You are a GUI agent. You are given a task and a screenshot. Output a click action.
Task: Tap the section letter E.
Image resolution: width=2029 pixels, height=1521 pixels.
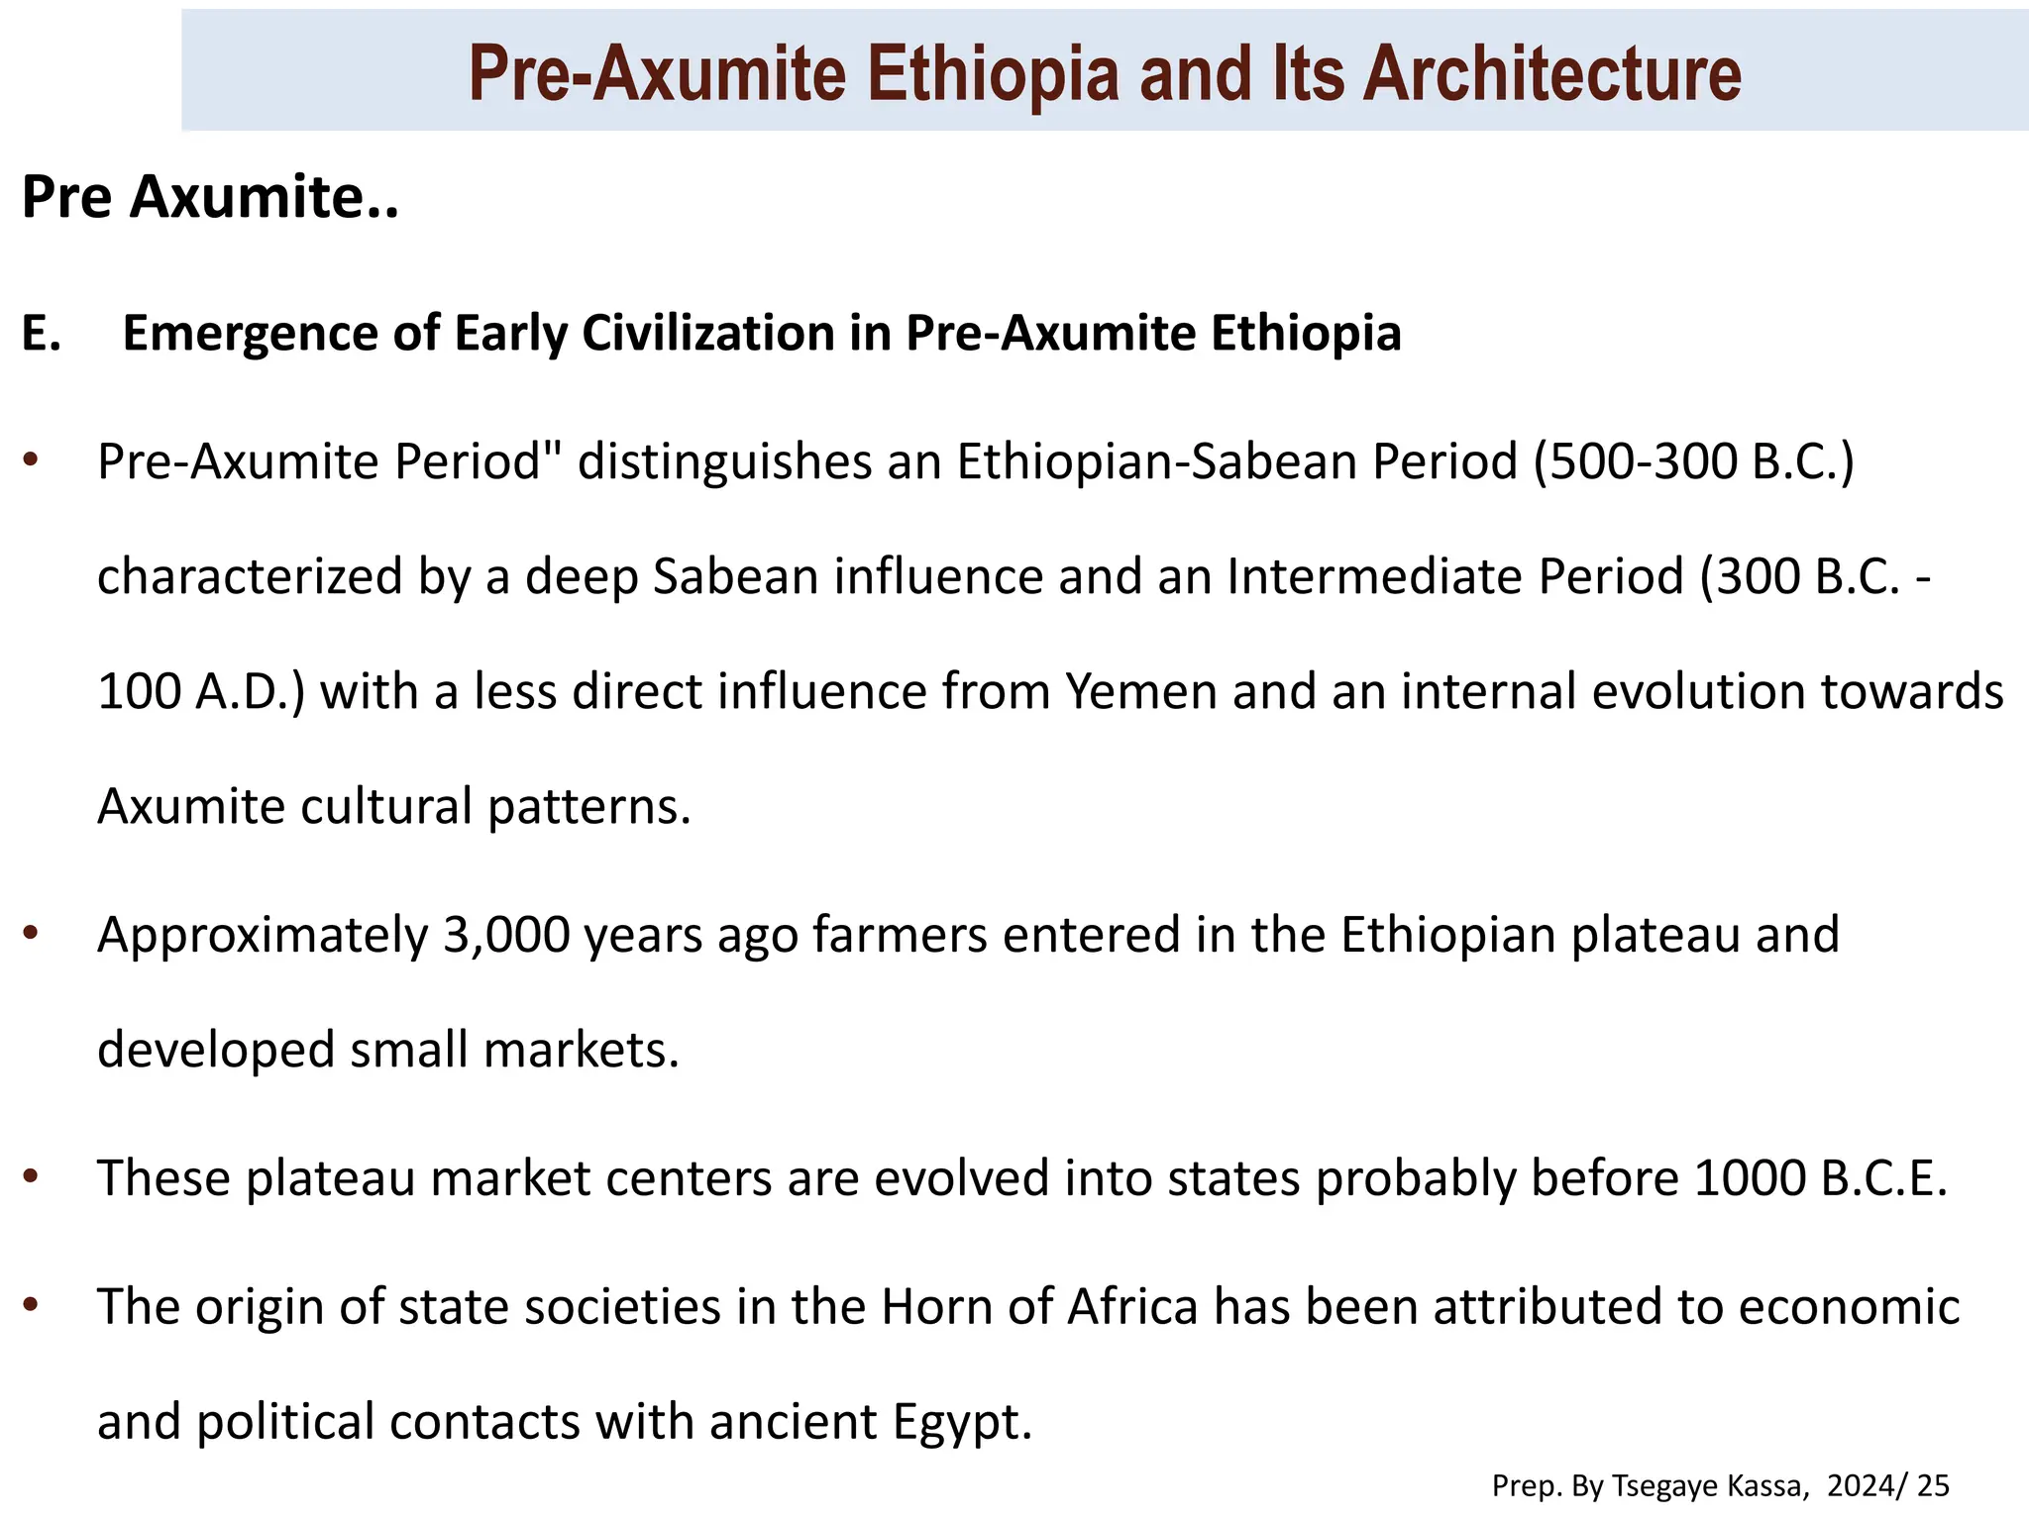(x=41, y=333)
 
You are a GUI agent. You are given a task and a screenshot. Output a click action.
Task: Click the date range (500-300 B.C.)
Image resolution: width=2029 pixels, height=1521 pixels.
(x=1693, y=461)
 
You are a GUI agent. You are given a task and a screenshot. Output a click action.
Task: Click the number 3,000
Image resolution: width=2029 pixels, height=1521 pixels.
(x=506, y=935)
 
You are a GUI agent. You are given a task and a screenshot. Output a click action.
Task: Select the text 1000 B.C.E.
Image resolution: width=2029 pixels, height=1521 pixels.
(x=1821, y=1178)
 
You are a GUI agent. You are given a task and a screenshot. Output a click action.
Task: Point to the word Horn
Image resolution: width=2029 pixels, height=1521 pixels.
(x=937, y=1307)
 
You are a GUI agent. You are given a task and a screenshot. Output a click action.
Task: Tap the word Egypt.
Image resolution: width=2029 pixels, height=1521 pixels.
(x=962, y=1422)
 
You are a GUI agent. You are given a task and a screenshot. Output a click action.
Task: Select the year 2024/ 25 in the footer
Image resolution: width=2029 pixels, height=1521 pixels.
(x=1887, y=1486)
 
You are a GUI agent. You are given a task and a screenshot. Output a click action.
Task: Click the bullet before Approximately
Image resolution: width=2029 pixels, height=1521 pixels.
(x=31, y=933)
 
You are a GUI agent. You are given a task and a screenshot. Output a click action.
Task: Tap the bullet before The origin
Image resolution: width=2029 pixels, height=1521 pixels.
(x=31, y=1305)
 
